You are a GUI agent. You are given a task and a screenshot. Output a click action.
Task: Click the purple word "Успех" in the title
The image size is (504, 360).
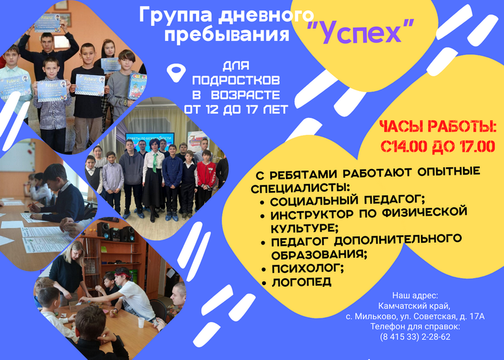[x=360, y=32]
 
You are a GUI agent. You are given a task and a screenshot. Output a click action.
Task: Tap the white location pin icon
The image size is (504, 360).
[x=176, y=72]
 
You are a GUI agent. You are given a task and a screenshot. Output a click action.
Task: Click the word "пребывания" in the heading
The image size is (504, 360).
[x=227, y=34]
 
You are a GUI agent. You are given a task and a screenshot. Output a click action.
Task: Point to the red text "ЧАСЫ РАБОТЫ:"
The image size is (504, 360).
[x=438, y=127]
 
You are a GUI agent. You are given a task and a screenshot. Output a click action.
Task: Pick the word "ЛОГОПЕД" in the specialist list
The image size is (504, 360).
[x=302, y=282]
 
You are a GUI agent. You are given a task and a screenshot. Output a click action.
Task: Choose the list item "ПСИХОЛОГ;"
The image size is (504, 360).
[x=307, y=268]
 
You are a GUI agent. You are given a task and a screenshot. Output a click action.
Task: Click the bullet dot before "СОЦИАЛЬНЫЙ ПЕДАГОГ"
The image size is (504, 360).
[x=263, y=203]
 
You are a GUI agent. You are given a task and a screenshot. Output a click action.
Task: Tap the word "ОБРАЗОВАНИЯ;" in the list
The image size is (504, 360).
[x=319, y=254]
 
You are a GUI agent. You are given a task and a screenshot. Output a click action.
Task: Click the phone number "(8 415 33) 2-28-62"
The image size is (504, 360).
[x=415, y=337]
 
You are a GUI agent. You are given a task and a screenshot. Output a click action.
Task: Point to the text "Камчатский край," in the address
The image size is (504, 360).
[x=415, y=306]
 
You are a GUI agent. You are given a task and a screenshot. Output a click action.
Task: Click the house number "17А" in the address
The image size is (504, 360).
[x=477, y=316]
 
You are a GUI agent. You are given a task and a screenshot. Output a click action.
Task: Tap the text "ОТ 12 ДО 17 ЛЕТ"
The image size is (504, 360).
[x=236, y=110]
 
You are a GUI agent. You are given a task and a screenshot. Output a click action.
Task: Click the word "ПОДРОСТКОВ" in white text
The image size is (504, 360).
[x=236, y=80]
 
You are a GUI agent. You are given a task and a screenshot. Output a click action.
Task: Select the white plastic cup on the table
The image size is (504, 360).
[x=140, y=322]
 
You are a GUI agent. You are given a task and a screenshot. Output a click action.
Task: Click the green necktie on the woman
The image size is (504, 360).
[x=155, y=163]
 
